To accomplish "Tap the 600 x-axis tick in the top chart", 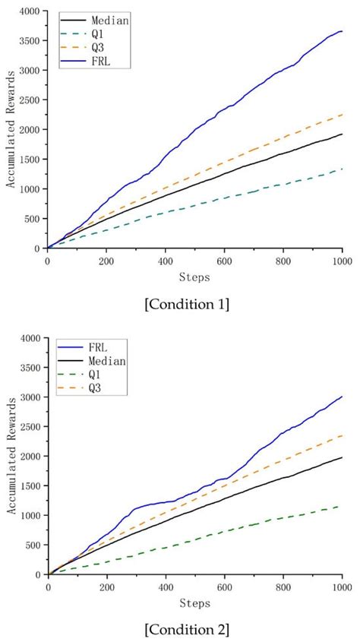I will (x=224, y=260).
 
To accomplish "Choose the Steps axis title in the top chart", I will (x=195, y=275).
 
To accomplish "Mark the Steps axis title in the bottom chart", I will (x=195, y=602).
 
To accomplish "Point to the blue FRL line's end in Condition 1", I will (x=343, y=31).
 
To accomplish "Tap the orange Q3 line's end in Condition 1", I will (x=343, y=115).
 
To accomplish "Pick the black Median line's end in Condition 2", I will (x=343, y=457).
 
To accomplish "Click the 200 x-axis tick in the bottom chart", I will (x=106, y=587).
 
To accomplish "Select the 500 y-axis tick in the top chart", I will (x=31, y=219).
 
